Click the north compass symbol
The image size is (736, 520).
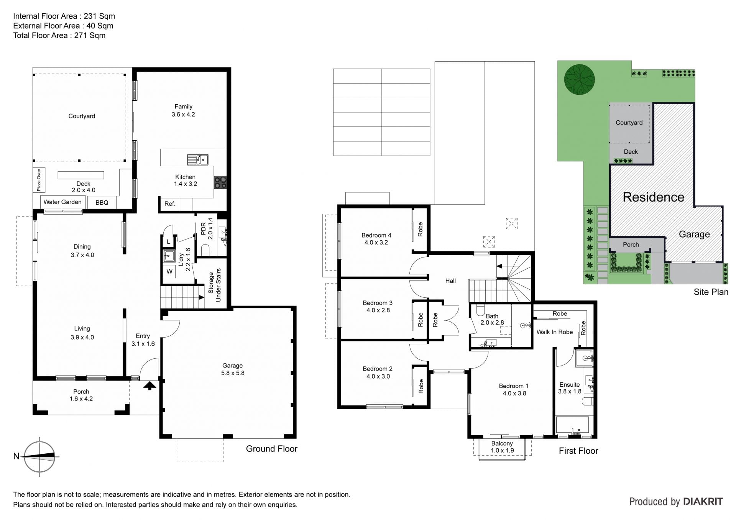[39, 456]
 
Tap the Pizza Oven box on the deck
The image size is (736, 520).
[39, 180]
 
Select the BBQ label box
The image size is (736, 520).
[102, 202]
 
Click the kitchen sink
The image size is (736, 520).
[198, 159]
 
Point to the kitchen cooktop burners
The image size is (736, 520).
[220, 182]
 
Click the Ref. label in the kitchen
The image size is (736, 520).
[170, 204]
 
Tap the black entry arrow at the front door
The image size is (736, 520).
[150, 385]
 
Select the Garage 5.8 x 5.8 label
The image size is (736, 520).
[233, 369]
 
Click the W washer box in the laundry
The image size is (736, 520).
[169, 272]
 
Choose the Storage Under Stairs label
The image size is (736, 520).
[215, 285]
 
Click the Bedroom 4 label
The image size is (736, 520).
[376, 239]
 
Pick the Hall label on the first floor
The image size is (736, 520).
[450, 281]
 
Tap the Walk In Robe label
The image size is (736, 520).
[554, 332]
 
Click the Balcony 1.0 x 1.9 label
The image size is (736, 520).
[502, 447]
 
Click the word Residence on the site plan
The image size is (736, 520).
[653, 197]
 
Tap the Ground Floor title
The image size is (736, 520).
[271, 449]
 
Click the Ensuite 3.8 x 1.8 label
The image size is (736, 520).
[570, 388]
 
